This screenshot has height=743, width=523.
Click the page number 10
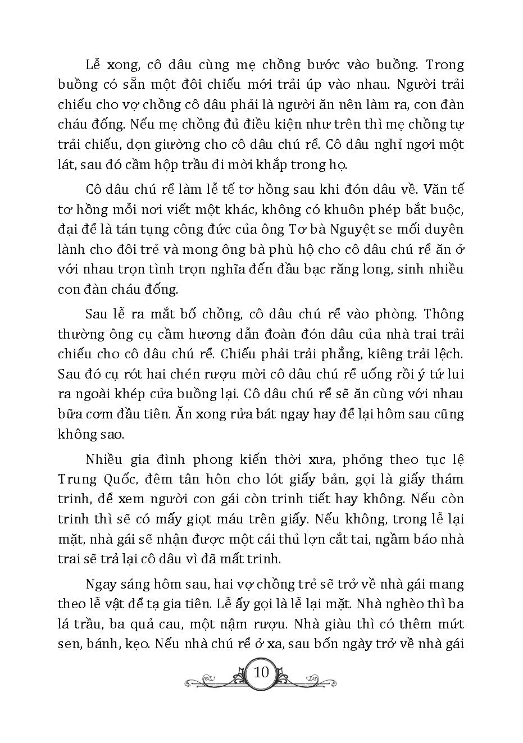pyautogui.click(x=262, y=672)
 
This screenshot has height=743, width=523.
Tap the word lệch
pyautogui.click(x=447, y=354)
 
